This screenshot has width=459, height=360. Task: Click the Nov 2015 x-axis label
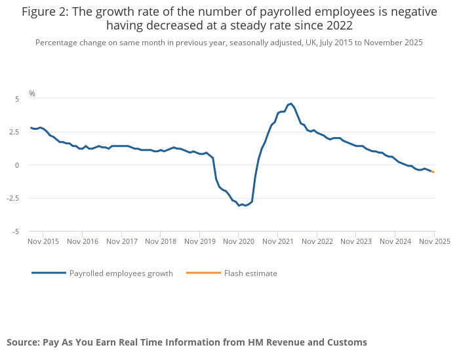point(43,241)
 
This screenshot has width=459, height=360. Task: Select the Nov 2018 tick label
point(161,241)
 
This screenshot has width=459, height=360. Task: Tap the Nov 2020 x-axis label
point(239,241)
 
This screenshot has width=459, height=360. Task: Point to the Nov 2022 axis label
point(317,241)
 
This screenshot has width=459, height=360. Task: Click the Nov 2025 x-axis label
point(435,241)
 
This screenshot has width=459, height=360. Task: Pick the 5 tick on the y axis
point(17,98)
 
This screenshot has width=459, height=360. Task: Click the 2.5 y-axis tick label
point(15,132)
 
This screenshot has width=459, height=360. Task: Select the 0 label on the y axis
point(17,165)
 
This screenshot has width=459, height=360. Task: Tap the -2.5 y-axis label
point(14,199)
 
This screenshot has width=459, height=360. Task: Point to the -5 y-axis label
point(16,231)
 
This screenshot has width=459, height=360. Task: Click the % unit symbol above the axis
point(31,94)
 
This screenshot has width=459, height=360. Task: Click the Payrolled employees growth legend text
point(121,273)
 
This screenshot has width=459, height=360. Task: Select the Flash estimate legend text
point(250,273)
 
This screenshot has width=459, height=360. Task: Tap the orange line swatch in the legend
point(203,273)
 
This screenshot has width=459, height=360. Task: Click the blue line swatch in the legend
point(49,273)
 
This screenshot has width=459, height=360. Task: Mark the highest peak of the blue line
point(291,104)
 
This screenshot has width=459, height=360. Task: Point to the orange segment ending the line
point(432,172)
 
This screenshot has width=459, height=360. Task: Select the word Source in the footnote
point(23,342)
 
